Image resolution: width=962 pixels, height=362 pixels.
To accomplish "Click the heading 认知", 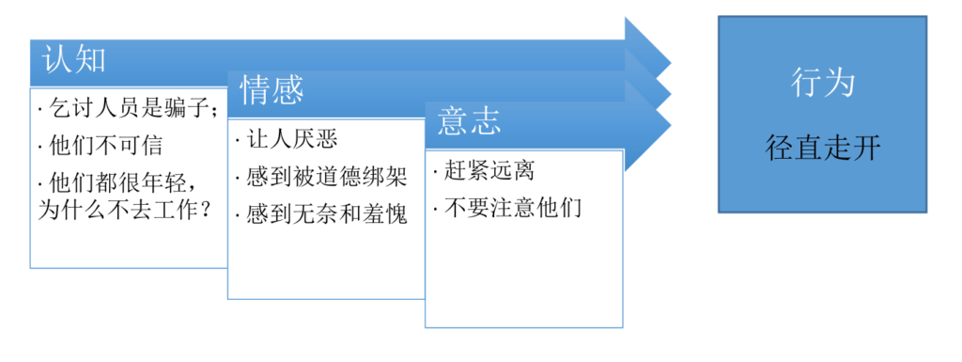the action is [x=74, y=59].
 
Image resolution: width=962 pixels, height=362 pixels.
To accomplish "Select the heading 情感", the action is [x=272, y=90].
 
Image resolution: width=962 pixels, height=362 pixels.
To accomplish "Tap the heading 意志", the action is [x=470, y=121].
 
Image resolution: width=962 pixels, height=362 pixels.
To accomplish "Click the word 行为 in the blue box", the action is [x=823, y=84].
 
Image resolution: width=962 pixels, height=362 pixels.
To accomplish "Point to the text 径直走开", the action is [x=823, y=148].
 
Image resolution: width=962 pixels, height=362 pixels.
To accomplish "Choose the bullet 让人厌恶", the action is [x=287, y=140].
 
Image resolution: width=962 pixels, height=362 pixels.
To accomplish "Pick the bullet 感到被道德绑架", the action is [x=321, y=178].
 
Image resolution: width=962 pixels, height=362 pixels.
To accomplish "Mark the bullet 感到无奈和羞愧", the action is [x=321, y=214].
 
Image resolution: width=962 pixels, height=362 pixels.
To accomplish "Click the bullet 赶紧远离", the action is [x=484, y=171].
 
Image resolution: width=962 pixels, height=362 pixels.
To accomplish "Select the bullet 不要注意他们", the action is [x=506, y=209].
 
